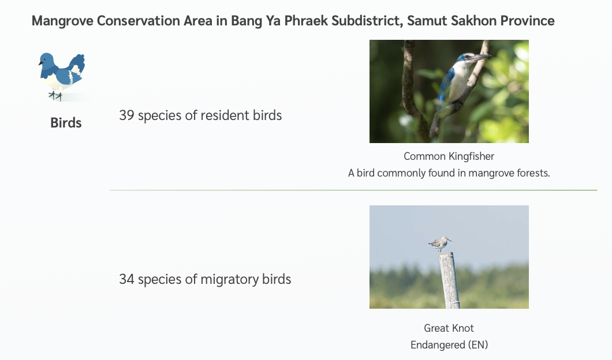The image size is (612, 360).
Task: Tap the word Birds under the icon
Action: (x=66, y=123)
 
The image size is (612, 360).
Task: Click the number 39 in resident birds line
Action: (x=126, y=115)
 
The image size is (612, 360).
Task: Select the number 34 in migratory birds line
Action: (x=126, y=279)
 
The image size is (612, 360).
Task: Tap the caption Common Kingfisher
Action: (x=449, y=156)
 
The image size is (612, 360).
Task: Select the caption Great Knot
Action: (x=449, y=328)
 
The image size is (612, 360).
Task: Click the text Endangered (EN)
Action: (x=449, y=345)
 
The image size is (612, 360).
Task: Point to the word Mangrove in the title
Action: (x=62, y=21)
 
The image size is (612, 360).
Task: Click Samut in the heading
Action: (x=427, y=21)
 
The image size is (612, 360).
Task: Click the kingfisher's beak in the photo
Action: (x=480, y=57)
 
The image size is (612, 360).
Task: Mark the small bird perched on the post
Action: (x=441, y=244)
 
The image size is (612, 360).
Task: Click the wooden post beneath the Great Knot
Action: (x=449, y=280)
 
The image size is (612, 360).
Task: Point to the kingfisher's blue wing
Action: (x=445, y=87)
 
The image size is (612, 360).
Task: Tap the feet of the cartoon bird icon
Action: (x=55, y=96)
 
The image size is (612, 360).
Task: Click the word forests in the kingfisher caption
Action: (x=533, y=173)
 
